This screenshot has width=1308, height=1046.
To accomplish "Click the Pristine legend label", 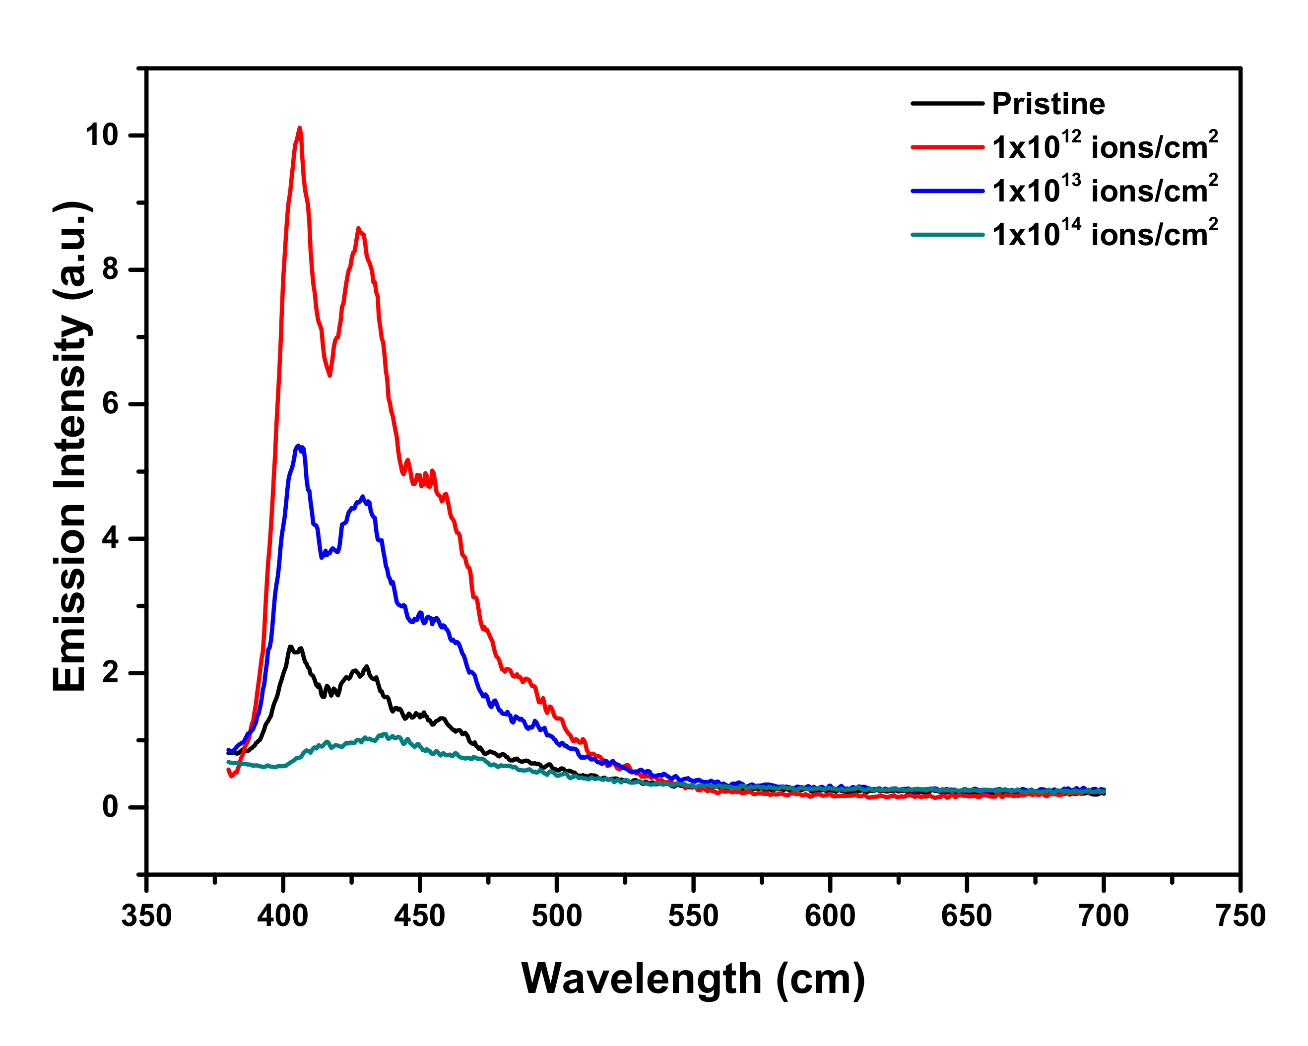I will click(x=1047, y=104).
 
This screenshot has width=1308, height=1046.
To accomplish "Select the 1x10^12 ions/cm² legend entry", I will click(x=1104, y=146).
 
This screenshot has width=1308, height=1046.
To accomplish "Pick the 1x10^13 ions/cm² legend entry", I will click(x=1104, y=190).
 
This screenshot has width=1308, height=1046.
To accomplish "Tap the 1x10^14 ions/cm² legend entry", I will click(x=1104, y=234).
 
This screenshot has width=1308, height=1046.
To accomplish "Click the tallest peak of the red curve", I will click(x=300, y=129).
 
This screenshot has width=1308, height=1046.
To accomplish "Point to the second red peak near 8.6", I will click(x=359, y=229).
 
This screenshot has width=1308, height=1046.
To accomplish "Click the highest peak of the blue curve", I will click(x=298, y=446).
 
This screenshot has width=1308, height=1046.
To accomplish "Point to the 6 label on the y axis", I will click(x=110, y=403).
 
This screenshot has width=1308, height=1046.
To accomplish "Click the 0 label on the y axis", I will click(x=110, y=807).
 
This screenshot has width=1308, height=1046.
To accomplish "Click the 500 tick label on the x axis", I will click(x=556, y=915).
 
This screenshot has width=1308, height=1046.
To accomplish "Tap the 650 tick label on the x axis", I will click(x=967, y=915).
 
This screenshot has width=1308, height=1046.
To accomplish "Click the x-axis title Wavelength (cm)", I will click(x=693, y=979).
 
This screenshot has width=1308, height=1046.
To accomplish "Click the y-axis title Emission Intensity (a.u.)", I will click(x=71, y=447).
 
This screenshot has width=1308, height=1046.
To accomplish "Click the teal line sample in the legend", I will click(x=947, y=235).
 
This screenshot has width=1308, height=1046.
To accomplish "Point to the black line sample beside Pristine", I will click(x=947, y=104).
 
